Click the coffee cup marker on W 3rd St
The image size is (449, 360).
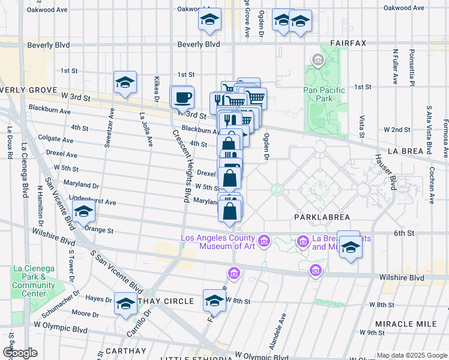pyautogui.click(x=182, y=97)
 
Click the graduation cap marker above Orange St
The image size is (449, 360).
pyautogui.click(x=84, y=212)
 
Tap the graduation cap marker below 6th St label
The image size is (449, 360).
pyautogui.click(x=349, y=247)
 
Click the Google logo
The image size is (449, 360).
pyautogui.click(x=20, y=353)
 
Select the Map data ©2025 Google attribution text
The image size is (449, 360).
pyautogui.click(x=412, y=355)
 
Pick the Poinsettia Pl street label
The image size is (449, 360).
pyautogui.click(x=412, y=68)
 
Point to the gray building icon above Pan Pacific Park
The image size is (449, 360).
pyautogui.click(x=317, y=59)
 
